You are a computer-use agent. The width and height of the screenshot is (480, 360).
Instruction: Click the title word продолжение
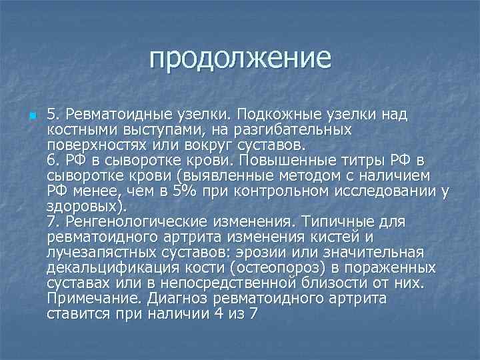(240, 58)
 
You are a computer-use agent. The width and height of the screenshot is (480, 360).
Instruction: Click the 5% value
(180, 192)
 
